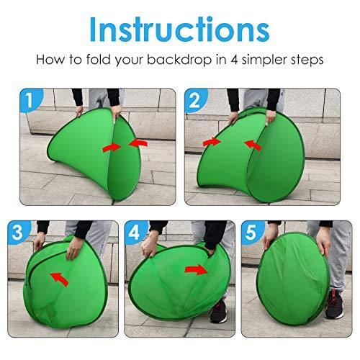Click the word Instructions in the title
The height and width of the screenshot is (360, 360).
[x=179, y=30]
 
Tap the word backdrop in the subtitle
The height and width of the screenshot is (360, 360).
[x=179, y=59]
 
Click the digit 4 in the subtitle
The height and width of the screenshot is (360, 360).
[x=234, y=60]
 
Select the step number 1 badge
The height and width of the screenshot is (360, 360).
[x=30, y=100]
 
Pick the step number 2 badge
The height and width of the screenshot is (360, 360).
[x=195, y=100]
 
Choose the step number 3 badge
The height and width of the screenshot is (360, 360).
[x=18, y=232]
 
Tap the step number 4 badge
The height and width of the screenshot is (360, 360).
[x=135, y=232]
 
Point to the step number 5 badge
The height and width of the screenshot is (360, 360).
[x=252, y=232]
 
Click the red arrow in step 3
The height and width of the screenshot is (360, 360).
[x=59, y=279]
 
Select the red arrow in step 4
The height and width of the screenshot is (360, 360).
[x=196, y=270]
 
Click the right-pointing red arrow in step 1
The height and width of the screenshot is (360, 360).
[x=112, y=148]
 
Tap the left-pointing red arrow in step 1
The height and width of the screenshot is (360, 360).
[x=138, y=143]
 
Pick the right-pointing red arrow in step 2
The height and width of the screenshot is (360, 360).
[x=212, y=142]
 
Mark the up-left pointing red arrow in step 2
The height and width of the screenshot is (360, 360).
[x=253, y=145]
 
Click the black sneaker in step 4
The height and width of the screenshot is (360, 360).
[x=218, y=311]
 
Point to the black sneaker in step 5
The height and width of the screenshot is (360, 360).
[x=334, y=305]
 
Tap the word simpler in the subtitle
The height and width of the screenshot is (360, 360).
[x=264, y=60]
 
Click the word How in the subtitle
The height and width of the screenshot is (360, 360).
[x=50, y=60]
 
